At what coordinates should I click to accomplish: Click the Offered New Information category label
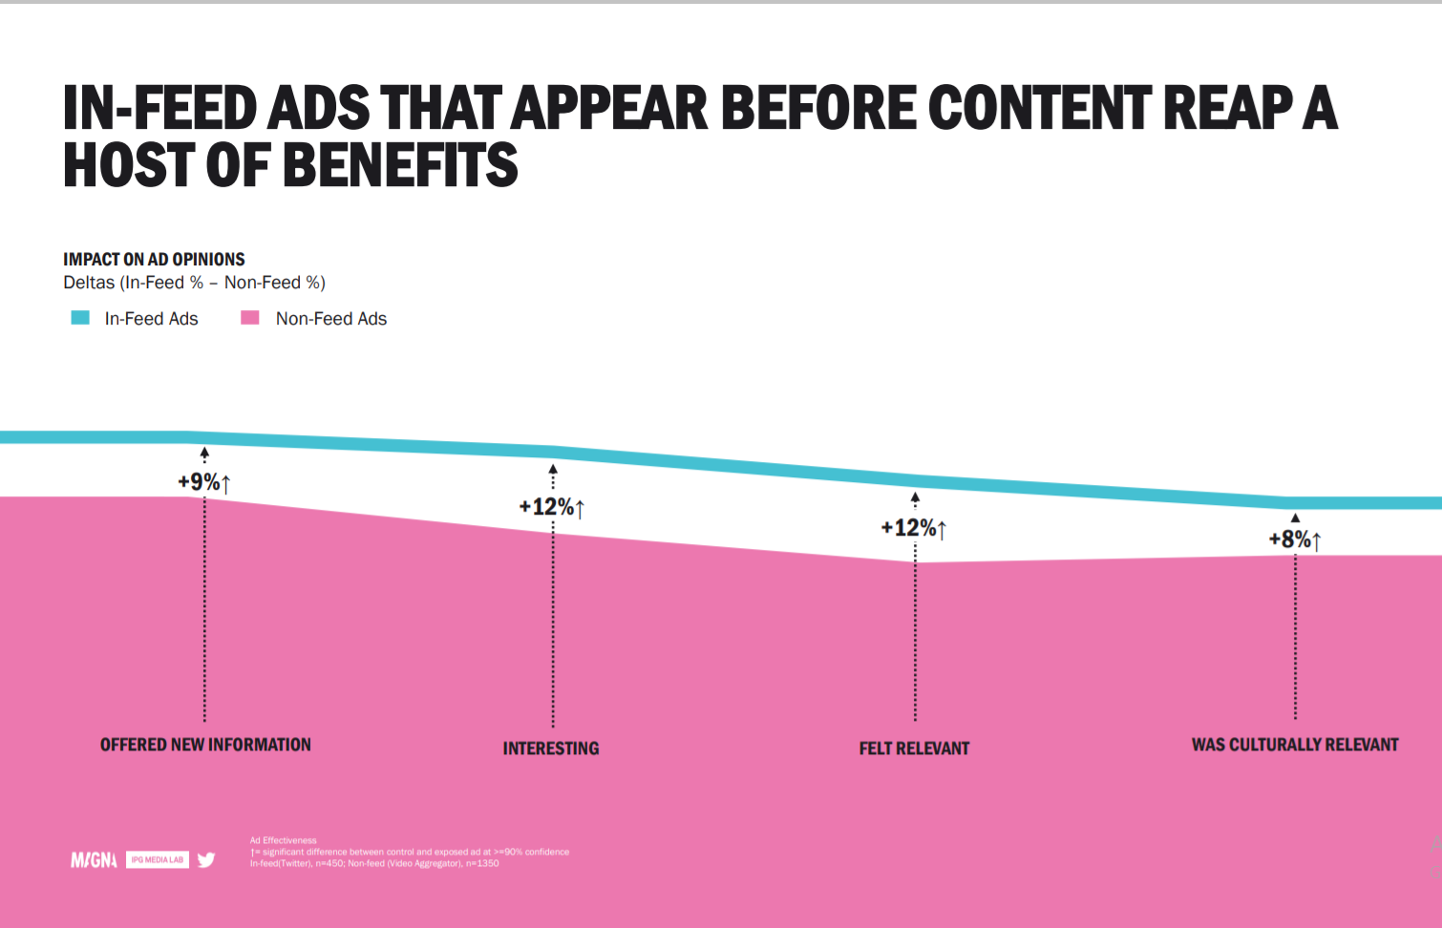coord(205,745)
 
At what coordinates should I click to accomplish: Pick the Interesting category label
coord(551,749)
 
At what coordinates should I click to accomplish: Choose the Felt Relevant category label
coord(914,749)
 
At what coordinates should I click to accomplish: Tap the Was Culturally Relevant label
coord(1295,745)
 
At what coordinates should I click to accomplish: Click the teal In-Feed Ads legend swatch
coord(80,318)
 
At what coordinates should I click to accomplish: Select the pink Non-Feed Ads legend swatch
coord(250,318)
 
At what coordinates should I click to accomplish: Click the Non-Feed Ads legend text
coord(331,319)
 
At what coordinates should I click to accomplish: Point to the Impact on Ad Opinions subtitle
coord(154,260)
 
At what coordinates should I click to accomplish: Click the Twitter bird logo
coord(206,860)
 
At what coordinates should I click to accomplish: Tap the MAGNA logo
coord(94,860)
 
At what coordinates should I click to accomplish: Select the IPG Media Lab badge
coord(158,860)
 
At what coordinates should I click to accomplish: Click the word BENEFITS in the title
coord(401,165)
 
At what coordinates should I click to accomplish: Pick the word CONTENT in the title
coord(1039,107)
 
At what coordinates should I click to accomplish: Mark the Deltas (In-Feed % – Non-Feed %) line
coord(194,283)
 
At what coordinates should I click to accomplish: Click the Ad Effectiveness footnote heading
coord(284,840)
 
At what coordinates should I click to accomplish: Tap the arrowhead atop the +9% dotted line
coord(204,453)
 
